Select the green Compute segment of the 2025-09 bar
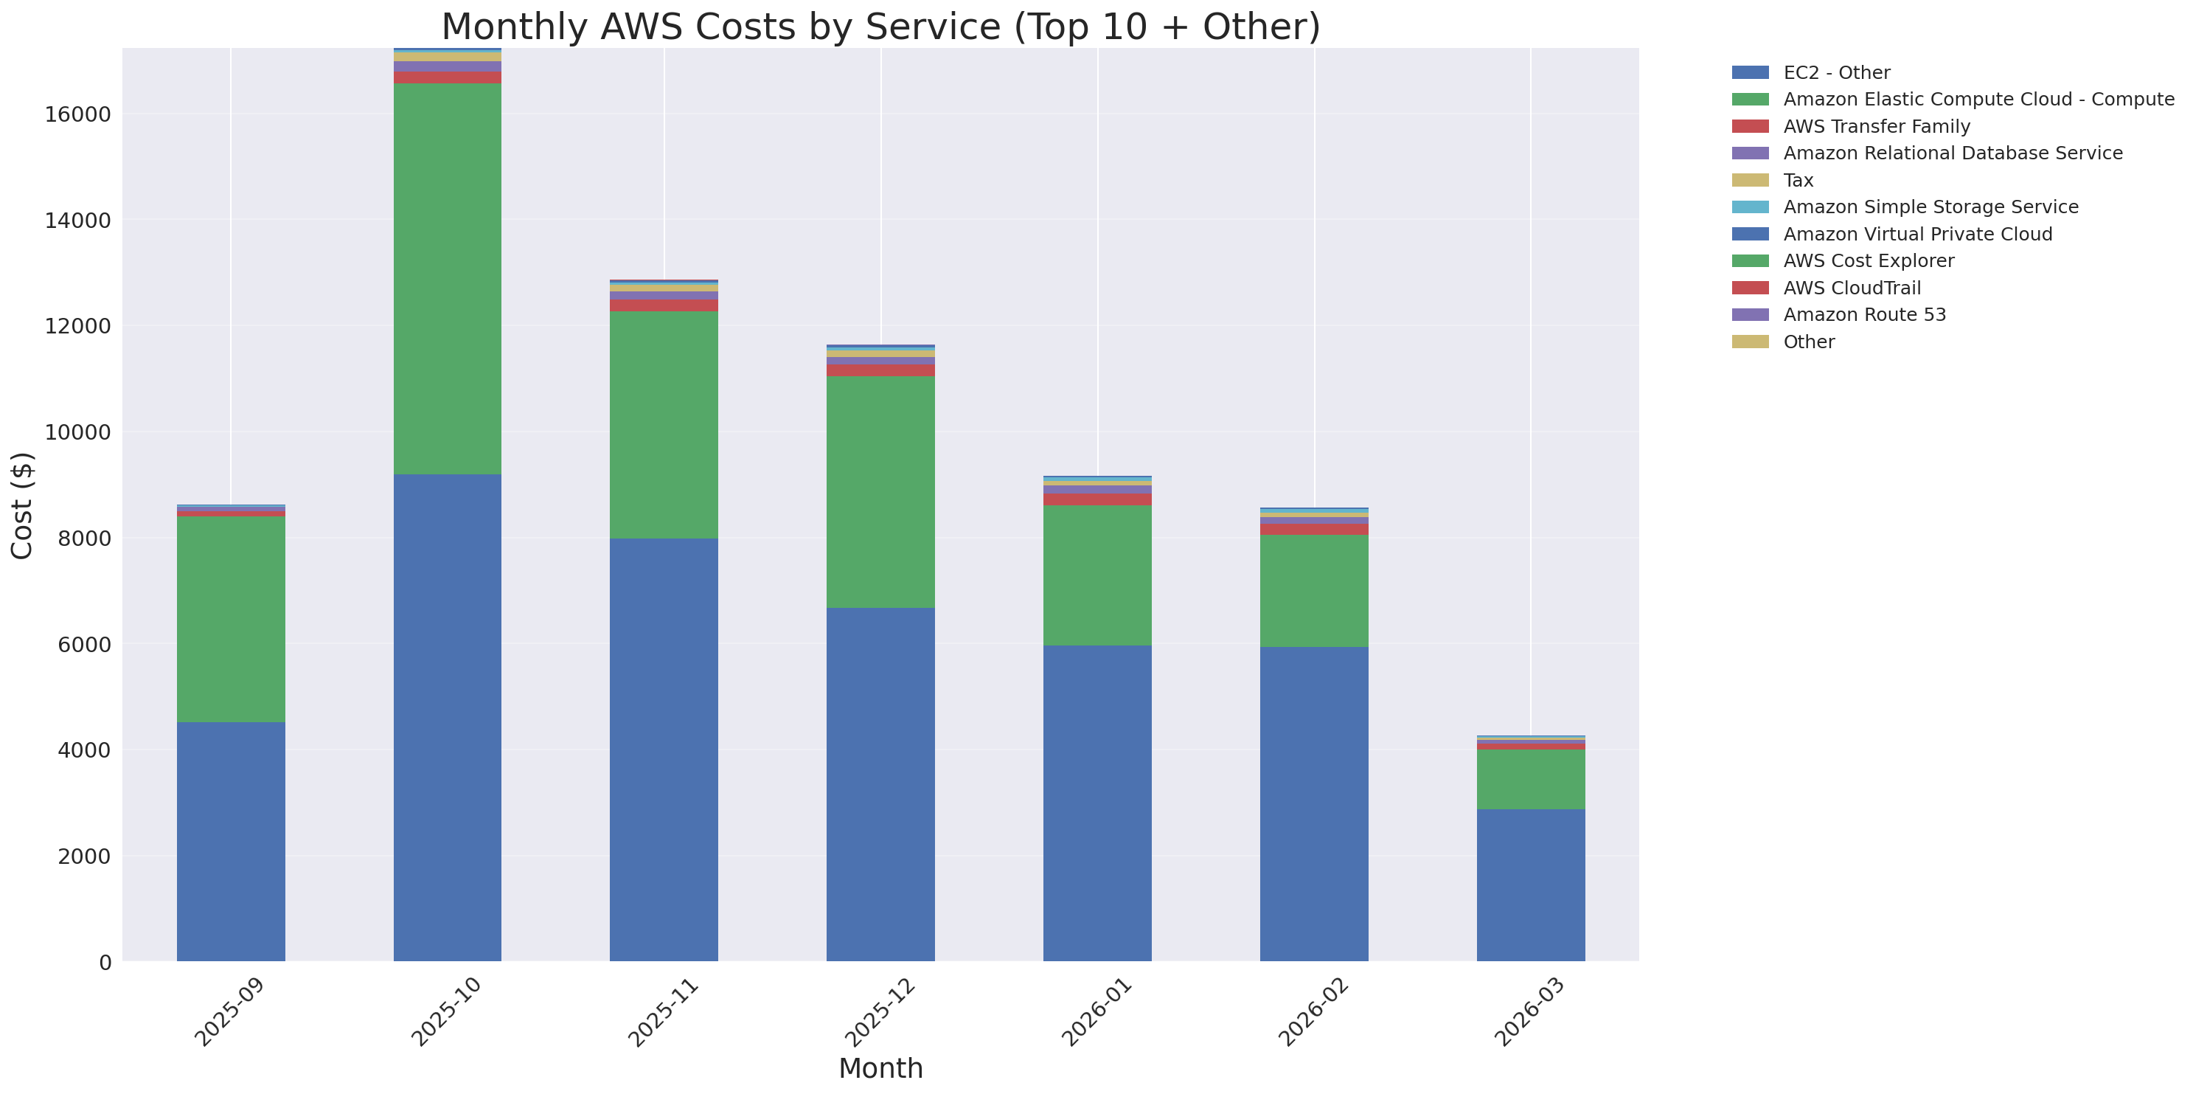click(231, 619)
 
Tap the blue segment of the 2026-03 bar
click(1530, 884)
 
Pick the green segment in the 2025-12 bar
click(880, 491)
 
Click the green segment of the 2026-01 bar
click(1096, 575)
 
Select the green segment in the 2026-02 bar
click(1313, 590)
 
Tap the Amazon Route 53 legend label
click(1863, 315)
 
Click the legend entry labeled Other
click(1808, 342)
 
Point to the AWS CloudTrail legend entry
click(1852, 288)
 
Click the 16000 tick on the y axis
click(77, 115)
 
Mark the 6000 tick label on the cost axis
click(84, 645)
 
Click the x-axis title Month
click(880, 1068)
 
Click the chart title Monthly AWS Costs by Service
click(880, 27)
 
